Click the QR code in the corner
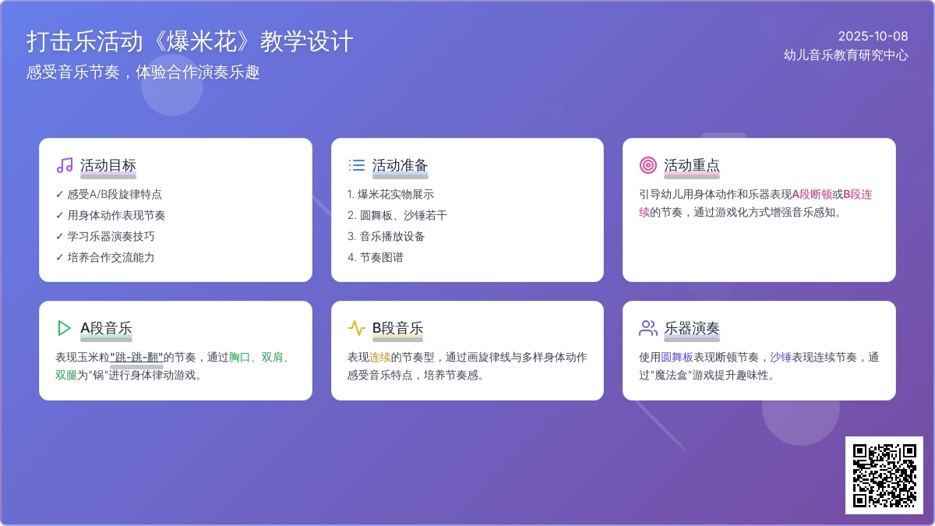pyautogui.click(x=884, y=475)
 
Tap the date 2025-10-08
pyautogui.click(x=873, y=37)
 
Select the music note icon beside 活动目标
pyautogui.click(x=65, y=165)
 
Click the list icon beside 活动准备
pyautogui.click(x=357, y=165)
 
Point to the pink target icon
pyautogui.click(x=647, y=165)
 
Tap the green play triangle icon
pyautogui.click(x=64, y=328)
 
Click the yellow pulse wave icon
pyautogui.click(x=357, y=328)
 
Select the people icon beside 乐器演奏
pyautogui.click(x=647, y=328)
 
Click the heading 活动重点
pyautogui.click(x=692, y=165)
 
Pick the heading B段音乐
pyautogui.click(x=398, y=328)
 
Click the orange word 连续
pyautogui.click(x=380, y=358)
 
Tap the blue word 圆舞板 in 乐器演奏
pyautogui.click(x=676, y=358)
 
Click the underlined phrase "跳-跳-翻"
pyautogui.click(x=136, y=358)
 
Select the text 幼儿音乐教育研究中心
pyautogui.click(x=845, y=55)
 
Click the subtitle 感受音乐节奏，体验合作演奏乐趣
pyautogui.click(x=143, y=72)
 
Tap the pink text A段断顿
pyautogui.click(x=812, y=195)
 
